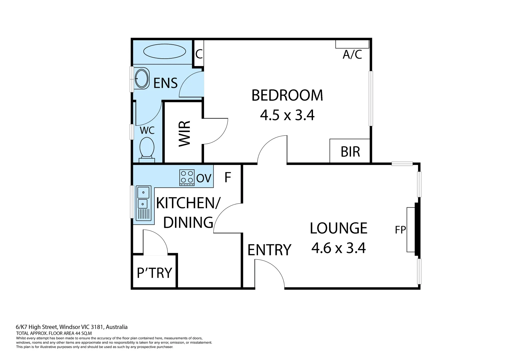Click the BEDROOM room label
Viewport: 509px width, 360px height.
click(287, 95)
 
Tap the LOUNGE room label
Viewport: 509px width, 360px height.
click(338, 228)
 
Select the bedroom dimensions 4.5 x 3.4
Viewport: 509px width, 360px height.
click(287, 115)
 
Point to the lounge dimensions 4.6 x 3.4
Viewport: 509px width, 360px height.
click(338, 248)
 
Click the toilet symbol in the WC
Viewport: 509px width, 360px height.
click(147, 148)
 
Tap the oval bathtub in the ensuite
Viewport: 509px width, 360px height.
click(165, 52)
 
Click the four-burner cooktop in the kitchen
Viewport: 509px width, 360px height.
click(187, 177)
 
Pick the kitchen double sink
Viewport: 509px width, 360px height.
click(143, 203)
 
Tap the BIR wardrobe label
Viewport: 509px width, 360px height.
click(350, 152)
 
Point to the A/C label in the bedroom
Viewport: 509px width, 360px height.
click(352, 54)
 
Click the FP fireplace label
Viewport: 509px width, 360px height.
click(400, 230)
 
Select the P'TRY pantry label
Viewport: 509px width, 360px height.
click(154, 273)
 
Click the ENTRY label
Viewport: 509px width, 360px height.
click(269, 250)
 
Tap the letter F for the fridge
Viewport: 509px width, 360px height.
click(228, 178)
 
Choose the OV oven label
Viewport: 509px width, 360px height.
click(204, 178)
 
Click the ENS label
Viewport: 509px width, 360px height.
click(165, 83)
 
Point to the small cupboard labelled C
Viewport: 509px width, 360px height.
click(199, 54)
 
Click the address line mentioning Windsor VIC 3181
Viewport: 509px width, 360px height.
click(72, 327)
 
